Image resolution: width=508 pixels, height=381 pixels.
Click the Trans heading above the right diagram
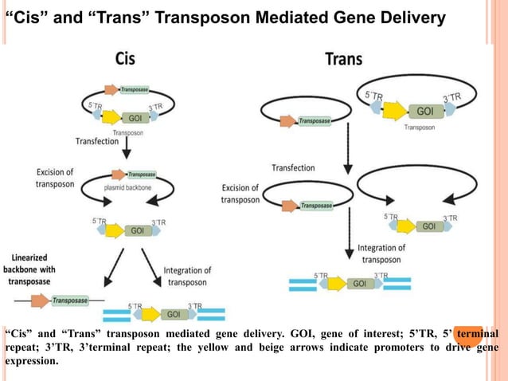[x=344, y=59]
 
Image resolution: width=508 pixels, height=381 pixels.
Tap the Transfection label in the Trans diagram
[x=292, y=168]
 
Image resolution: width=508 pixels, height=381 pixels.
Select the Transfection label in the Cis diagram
[x=98, y=143]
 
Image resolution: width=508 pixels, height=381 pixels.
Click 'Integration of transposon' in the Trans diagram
[x=381, y=253]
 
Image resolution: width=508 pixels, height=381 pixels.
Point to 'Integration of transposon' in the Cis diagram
[x=187, y=277]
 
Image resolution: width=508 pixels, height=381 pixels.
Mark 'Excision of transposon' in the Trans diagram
[x=240, y=194]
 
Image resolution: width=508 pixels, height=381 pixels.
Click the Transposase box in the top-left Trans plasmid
[x=315, y=121]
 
